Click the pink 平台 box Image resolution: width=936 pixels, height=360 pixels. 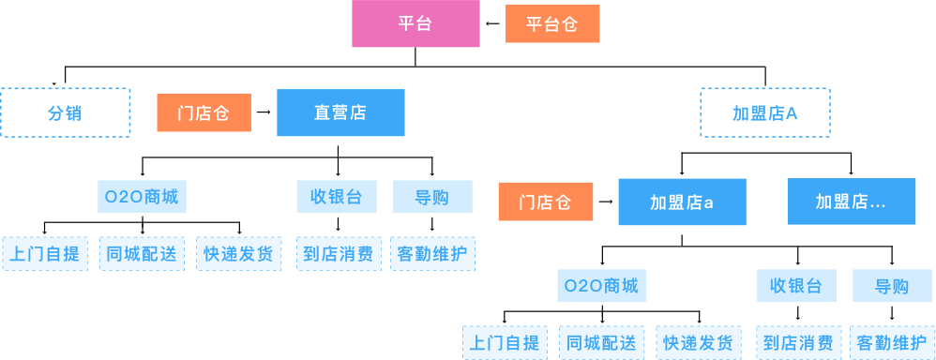coord(415,24)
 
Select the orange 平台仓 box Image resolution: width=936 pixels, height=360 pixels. coord(551,24)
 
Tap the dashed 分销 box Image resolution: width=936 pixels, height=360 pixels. coord(65,112)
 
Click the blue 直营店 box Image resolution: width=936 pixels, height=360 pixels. coord(340,112)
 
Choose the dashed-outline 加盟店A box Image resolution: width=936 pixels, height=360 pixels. coord(764,112)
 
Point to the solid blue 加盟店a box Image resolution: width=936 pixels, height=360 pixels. coord(682,202)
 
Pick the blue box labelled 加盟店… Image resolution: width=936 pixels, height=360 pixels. coord(852,202)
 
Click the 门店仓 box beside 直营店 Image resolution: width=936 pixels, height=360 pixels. coord(204,112)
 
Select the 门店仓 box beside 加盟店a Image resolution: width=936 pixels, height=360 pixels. coord(545,202)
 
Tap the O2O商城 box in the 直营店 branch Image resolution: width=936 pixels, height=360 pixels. coord(141,197)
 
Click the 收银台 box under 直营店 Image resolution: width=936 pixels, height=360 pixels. coord(337,197)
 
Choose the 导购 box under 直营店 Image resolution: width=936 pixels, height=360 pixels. coord(432,197)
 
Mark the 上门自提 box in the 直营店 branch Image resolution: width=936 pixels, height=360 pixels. coord(45,253)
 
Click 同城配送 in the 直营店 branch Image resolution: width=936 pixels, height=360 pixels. coord(141,253)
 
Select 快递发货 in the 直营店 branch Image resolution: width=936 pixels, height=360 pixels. coord(238,253)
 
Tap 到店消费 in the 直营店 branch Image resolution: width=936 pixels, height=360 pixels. coord(338,253)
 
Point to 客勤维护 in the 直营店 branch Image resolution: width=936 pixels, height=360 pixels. coord(432,253)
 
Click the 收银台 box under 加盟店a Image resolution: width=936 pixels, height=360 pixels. coord(796,286)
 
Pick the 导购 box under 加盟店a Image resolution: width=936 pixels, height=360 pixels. coord(892,286)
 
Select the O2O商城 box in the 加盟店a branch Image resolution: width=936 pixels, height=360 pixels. coord(601,286)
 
